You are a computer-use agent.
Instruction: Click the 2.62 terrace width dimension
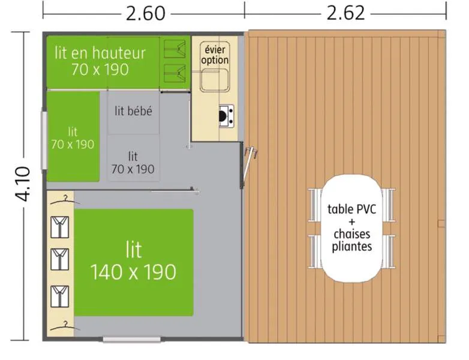tap(346, 12)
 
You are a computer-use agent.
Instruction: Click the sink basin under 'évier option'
tap(214, 80)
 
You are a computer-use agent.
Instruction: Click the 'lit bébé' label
tap(133, 111)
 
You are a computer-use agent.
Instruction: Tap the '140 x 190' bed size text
tap(133, 272)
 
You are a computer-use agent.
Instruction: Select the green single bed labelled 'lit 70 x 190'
tap(73, 137)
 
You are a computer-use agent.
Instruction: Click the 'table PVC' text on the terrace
tap(351, 209)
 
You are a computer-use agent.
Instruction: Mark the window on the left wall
tap(44, 140)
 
